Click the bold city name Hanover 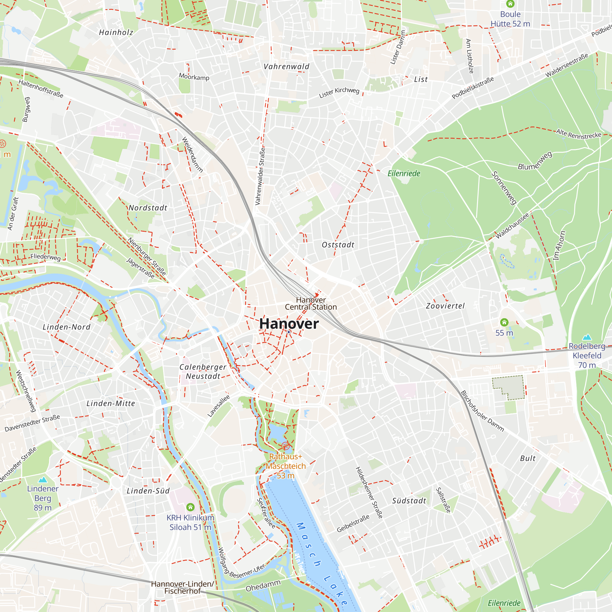pos(289,324)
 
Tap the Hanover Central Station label pos(311,303)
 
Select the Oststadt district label pos(338,245)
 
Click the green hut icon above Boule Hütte pos(510,4)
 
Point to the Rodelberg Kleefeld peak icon pos(587,337)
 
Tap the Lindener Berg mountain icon pos(43,480)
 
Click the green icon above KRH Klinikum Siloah pos(190,507)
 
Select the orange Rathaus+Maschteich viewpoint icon pos(286,446)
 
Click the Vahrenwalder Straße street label pos(260,176)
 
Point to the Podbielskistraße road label pos(473,88)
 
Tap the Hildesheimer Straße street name pos(369,493)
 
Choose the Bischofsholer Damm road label pos(482,411)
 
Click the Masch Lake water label pos(322,564)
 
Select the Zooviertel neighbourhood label pos(445,306)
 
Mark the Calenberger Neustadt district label pos(203,371)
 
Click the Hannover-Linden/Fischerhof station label pos(182,587)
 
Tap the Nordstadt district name pos(148,208)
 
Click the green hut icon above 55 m pos(504,323)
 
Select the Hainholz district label pos(116,32)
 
